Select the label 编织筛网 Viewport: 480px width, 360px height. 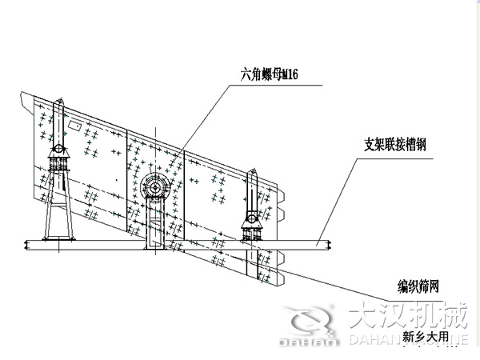[421, 285]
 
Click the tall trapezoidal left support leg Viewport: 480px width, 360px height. [58, 212]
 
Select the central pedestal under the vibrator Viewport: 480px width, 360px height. [154, 224]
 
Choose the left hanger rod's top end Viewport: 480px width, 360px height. [59, 102]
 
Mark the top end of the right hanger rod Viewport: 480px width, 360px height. [253, 173]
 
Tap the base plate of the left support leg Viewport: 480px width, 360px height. [58, 238]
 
